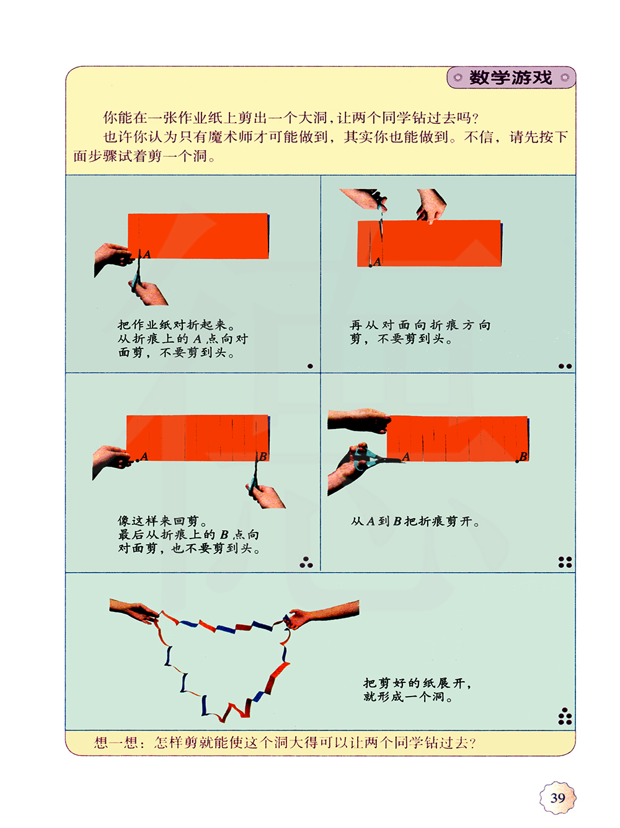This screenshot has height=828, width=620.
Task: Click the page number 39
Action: click(557, 798)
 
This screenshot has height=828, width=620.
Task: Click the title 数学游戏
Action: click(510, 77)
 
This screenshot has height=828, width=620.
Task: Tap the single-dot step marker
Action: click(310, 366)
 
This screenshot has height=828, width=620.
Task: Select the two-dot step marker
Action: click(565, 366)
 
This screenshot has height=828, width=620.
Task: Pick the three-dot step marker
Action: click(306, 562)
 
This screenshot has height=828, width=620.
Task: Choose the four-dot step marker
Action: click(565, 562)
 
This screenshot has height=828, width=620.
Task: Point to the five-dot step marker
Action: click(565, 716)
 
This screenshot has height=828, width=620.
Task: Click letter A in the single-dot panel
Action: click(147, 255)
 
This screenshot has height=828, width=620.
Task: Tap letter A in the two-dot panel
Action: click(377, 262)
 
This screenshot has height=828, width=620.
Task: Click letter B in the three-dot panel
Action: click(263, 456)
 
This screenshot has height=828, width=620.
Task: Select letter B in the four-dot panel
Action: click(523, 456)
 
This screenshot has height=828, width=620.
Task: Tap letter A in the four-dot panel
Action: click(406, 457)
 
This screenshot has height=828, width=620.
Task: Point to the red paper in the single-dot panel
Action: click(198, 236)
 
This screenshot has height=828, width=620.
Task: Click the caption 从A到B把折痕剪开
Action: click(415, 521)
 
